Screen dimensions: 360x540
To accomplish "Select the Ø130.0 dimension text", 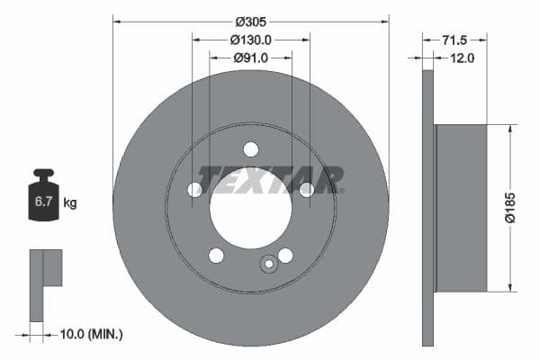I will pyautogui.click(x=251, y=40).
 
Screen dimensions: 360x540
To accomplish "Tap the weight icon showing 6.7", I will pyautogui.click(x=43, y=196).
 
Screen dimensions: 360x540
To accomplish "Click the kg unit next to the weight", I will pyautogui.click(x=69, y=202).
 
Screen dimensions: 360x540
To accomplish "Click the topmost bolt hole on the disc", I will pyautogui.click(x=250, y=149).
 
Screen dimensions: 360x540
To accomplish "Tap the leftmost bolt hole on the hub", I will pyautogui.click(x=194, y=190).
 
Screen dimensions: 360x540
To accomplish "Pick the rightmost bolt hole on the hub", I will pyautogui.click(x=306, y=189).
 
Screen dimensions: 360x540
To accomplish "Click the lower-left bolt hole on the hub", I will pyautogui.click(x=216, y=256).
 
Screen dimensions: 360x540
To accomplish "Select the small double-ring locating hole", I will pyautogui.click(x=267, y=265).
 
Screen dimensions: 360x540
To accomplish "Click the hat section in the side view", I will pyautogui.click(x=461, y=207).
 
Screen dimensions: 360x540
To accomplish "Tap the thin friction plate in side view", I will pyautogui.click(x=427, y=207).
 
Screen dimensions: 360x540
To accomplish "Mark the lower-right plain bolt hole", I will pyautogui.click(x=285, y=256).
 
